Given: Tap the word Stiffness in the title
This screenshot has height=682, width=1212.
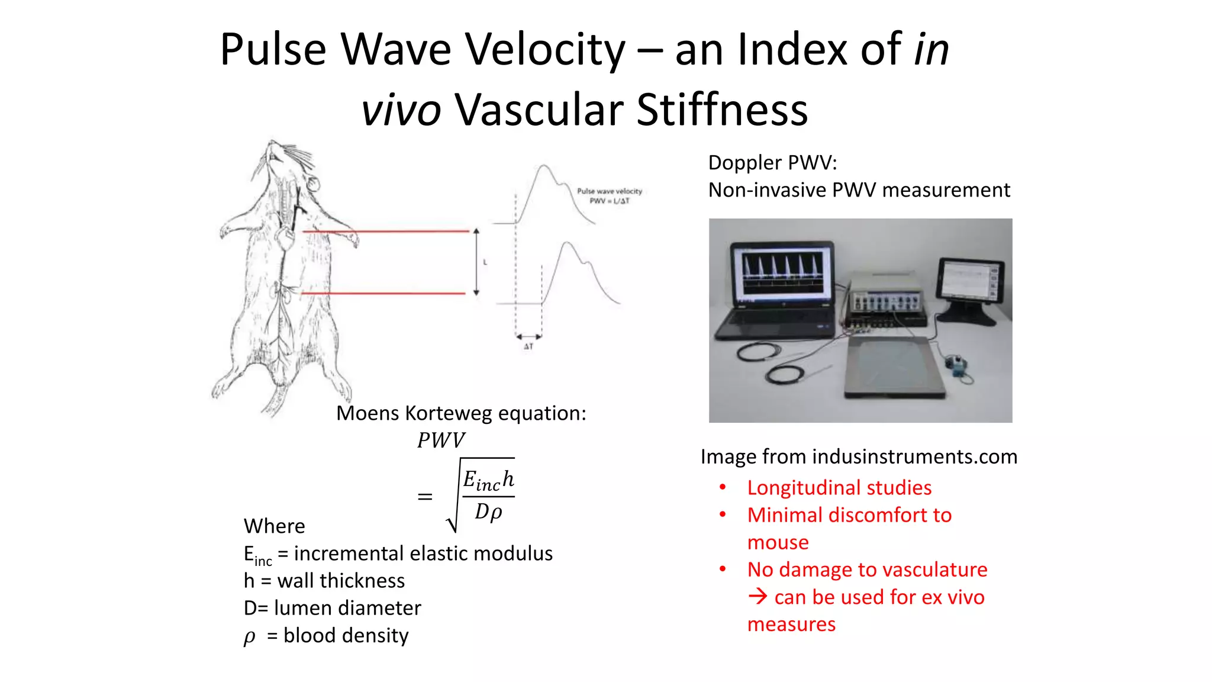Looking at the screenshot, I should (721, 110).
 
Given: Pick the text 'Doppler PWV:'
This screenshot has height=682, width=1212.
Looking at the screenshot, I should (772, 163).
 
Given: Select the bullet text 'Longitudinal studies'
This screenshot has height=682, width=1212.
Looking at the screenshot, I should (839, 488).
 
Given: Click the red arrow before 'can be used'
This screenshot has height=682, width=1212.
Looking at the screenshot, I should (757, 596).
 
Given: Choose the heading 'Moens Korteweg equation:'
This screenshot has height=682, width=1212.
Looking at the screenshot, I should (461, 413).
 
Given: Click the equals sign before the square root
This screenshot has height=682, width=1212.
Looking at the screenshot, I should (425, 497).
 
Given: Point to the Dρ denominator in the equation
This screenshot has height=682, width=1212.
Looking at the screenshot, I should (488, 511).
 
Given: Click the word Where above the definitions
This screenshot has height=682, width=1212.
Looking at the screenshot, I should (275, 526).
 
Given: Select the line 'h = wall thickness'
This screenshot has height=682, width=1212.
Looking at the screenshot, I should (324, 581).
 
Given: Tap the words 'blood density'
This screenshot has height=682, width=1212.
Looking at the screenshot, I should (346, 635).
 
